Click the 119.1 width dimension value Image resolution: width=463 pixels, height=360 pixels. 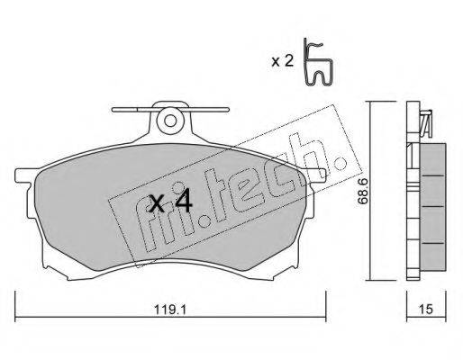(170, 309)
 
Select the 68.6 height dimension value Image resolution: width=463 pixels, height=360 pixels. (362, 191)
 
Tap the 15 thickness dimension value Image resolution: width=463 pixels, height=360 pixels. (426, 309)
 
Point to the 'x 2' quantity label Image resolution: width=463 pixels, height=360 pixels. (282, 61)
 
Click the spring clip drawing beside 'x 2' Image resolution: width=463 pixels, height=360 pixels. (318, 62)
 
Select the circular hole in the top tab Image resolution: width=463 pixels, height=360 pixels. (170, 121)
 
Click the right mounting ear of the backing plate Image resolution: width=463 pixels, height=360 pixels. (316, 175)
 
